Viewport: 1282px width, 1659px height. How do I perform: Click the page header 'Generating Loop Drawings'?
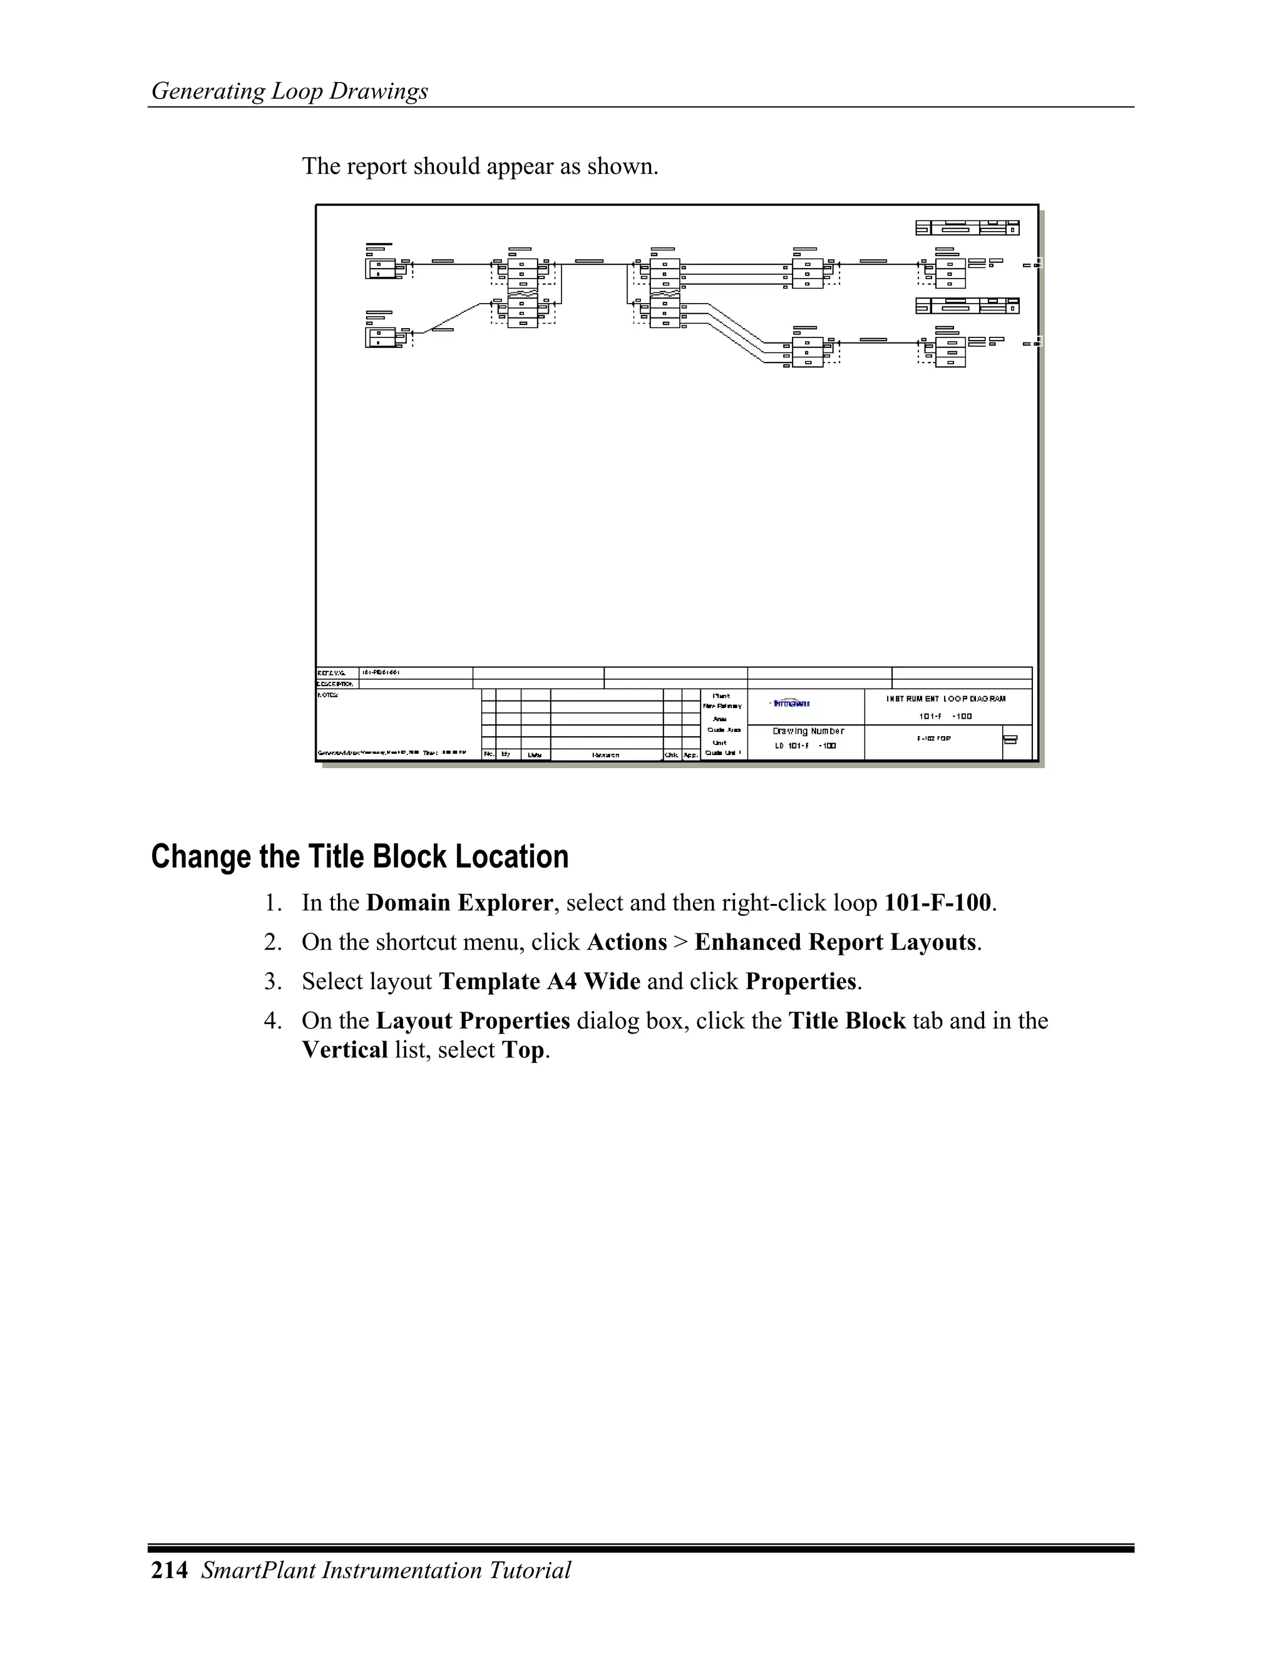click(x=289, y=91)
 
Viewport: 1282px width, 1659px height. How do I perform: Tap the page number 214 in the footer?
click(x=168, y=1569)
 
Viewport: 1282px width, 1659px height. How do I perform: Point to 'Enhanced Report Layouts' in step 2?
click(x=834, y=942)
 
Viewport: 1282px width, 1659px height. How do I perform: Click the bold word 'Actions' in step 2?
click(x=627, y=942)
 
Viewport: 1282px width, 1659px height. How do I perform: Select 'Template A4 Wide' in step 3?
click(x=539, y=982)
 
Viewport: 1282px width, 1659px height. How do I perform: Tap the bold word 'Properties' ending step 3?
click(x=801, y=982)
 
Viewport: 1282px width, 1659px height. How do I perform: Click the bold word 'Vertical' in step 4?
click(x=345, y=1050)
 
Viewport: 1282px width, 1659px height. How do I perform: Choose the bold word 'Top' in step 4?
click(x=523, y=1050)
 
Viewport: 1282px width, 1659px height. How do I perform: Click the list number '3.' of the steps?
click(x=274, y=982)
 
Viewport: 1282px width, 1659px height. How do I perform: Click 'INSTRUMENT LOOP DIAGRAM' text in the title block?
click(x=946, y=699)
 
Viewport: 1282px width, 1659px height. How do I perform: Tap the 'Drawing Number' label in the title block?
click(x=808, y=731)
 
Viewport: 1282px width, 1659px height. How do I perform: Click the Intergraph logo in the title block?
click(x=791, y=704)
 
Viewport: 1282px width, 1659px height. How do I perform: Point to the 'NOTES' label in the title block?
click(x=327, y=694)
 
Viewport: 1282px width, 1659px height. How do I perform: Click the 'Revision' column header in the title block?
click(x=605, y=755)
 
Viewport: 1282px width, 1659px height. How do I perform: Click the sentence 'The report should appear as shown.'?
click(x=480, y=166)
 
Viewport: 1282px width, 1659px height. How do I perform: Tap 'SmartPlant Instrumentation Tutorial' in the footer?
click(x=386, y=1569)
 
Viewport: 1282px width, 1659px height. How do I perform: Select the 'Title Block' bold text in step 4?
click(x=847, y=1021)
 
